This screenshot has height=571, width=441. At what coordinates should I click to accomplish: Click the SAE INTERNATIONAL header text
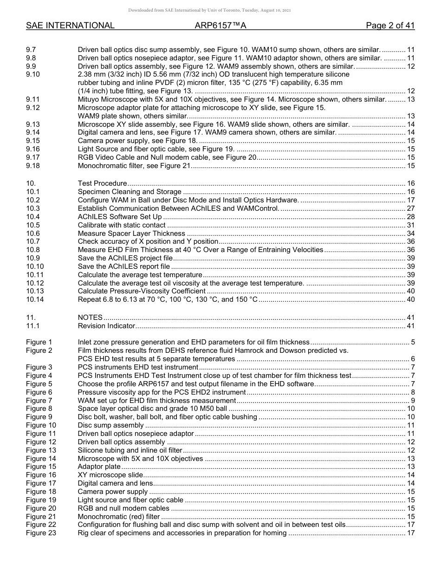tap(70, 26)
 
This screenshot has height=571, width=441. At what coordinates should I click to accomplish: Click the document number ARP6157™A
tap(220, 26)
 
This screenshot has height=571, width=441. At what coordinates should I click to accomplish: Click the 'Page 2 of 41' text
tap(390, 26)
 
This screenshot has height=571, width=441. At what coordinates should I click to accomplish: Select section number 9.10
tap(33, 74)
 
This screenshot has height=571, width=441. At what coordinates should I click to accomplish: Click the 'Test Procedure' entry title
tap(102, 183)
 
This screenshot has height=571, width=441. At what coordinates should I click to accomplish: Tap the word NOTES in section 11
tap(90, 318)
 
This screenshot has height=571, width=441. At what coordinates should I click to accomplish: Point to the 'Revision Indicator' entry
tap(106, 326)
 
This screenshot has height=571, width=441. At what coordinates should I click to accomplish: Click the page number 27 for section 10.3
tap(410, 208)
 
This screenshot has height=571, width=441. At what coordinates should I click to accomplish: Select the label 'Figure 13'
tap(41, 450)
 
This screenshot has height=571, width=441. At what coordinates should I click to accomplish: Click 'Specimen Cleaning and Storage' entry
tap(130, 192)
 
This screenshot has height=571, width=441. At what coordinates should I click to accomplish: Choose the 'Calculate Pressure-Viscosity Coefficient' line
tap(142, 291)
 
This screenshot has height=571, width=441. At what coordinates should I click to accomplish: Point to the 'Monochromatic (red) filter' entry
tap(119, 517)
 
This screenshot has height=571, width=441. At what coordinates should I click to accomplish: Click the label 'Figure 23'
tap(41, 533)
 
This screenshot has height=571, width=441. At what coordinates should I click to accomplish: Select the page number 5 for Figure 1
tap(413, 343)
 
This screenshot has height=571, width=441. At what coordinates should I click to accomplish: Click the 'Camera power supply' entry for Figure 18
tap(113, 492)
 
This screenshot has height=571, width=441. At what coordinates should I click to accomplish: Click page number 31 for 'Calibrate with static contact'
tap(410, 225)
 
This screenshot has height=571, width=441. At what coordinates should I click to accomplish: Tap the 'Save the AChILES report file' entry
tap(124, 266)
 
